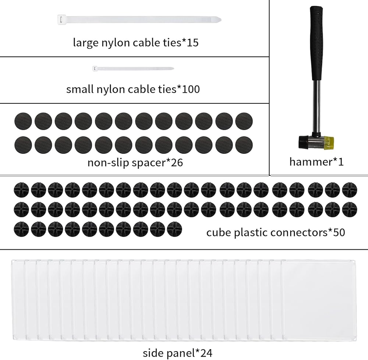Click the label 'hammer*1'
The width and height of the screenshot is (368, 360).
click(x=316, y=162)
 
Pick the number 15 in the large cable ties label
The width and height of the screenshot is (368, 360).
click(x=192, y=43)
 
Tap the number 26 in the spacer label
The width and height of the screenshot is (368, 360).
click(x=177, y=163)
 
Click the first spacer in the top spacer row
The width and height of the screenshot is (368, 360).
click(x=23, y=121)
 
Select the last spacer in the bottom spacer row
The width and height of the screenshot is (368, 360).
click(x=244, y=145)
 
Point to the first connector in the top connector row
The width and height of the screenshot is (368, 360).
click(x=21, y=190)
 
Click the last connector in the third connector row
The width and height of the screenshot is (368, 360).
click(x=174, y=229)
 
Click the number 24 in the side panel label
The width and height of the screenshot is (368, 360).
click(x=206, y=353)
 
